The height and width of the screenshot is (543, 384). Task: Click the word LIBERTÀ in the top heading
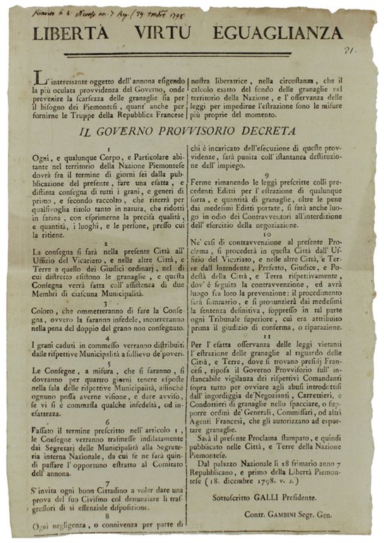pos(82,33)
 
